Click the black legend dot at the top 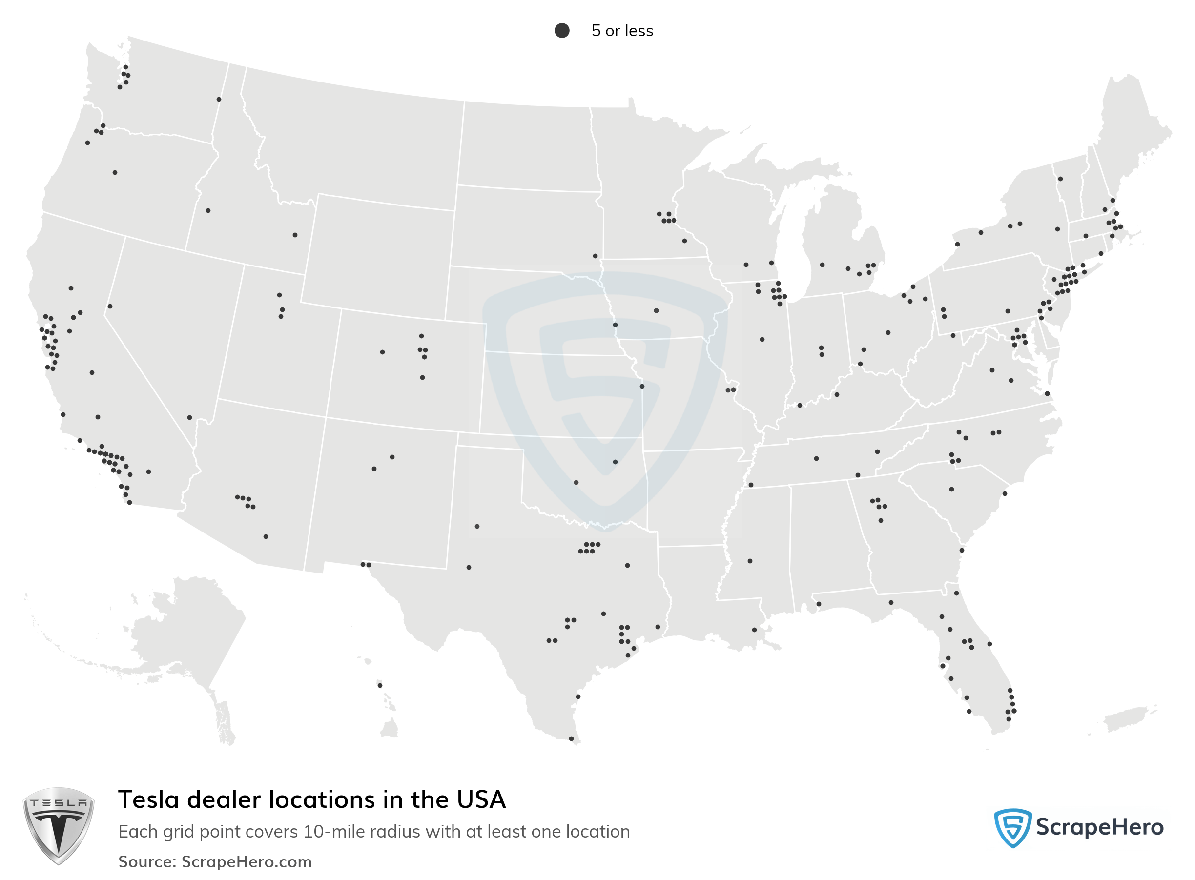(562, 30)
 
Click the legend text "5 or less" (622, 31)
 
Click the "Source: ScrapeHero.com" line (215, 861)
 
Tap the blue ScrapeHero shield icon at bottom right (1012, 827)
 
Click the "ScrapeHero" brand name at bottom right (1099, 827)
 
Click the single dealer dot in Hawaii (380, 686)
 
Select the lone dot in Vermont (1060, 179)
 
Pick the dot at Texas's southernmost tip (571, 739)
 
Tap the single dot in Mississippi (750, 561)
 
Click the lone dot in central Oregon (115, 173)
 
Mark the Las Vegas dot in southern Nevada (190, 418)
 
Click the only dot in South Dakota (595, 256)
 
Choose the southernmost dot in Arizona (266, 536)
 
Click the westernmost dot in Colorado (383, 352)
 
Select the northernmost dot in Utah (280, 295)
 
